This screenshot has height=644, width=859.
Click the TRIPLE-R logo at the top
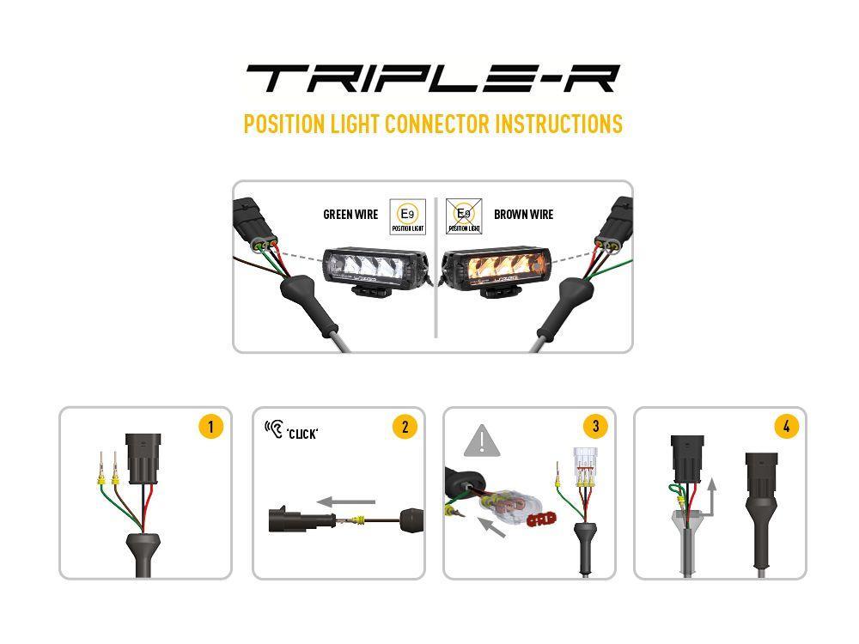coord(433,78)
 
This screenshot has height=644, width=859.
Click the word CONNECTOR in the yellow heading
coord(437,124)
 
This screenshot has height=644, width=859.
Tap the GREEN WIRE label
coord(350,215)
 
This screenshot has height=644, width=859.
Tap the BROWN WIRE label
coord(524,215)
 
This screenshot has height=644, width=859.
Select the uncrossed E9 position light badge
coord(407,217)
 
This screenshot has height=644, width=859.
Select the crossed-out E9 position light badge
coord(464,216)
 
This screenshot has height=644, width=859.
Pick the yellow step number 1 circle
coord(211,427)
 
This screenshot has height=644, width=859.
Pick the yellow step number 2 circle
coord(405,427)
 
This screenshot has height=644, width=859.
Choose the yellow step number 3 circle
coord(595,426)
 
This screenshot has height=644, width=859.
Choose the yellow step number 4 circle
coord(787,426)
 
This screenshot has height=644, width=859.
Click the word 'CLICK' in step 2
coord(302,434)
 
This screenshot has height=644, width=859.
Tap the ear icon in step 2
coord(275,428)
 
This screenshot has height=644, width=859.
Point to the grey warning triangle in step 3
coord(482,440)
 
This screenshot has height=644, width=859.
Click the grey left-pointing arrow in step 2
coord(346,501)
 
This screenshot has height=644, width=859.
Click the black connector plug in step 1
coord(143,459)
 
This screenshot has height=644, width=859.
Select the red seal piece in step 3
coord(541,519)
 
